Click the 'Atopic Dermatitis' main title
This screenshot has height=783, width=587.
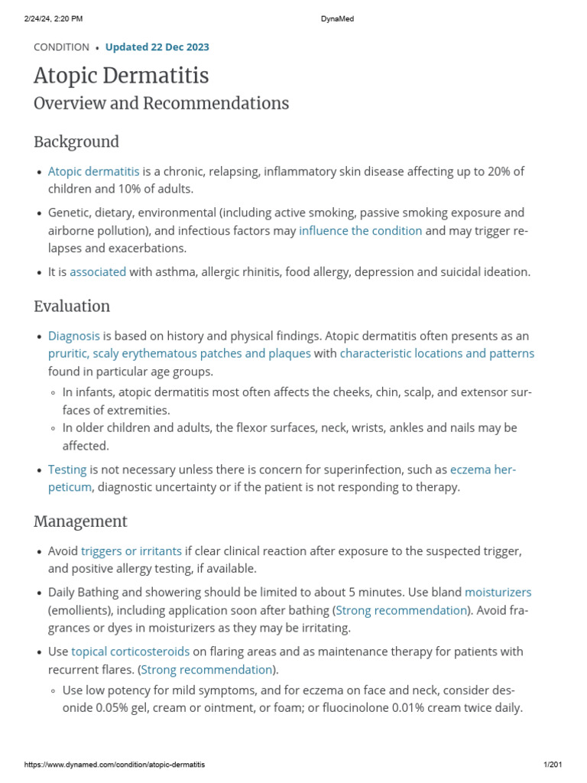click(121, 76)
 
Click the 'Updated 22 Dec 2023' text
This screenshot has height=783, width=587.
click(157, 47)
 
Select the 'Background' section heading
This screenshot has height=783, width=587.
click(76, 141)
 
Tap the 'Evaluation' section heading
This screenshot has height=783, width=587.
click(72, 306)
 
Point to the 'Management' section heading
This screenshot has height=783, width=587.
click(80, 521)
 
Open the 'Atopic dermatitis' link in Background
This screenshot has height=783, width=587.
click(93, 171)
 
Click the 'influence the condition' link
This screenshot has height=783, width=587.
click(360, 230)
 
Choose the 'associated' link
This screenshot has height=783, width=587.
click(98, 271)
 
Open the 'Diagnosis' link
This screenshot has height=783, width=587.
click(73, 336)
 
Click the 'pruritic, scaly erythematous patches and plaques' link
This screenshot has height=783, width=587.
click(179, 353)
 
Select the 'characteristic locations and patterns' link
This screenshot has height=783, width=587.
click(437, 353)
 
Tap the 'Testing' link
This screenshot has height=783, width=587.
click(67, 469)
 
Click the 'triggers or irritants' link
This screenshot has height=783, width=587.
click(131, 551)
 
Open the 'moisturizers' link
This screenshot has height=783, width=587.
click(498, 592)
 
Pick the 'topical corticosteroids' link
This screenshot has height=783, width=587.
click(130, 651)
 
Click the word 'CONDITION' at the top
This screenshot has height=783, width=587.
click(61, 47)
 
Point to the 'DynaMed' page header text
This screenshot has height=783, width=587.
click(336, 19)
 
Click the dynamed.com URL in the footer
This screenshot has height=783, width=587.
click(115, 765)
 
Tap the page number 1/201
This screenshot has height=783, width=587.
click(552, 765)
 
